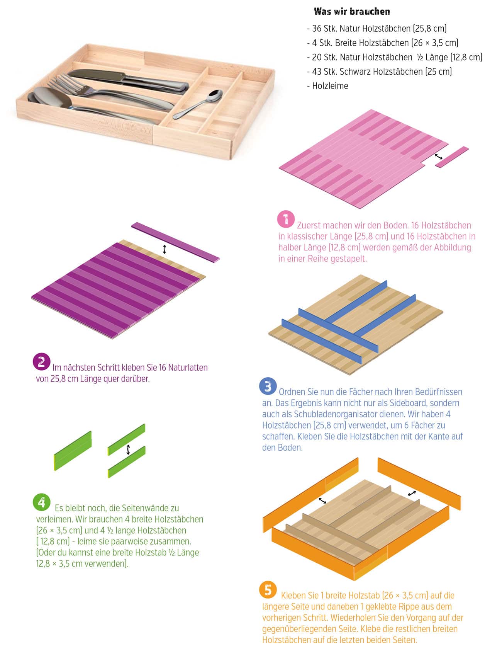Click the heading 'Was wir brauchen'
(352, 11)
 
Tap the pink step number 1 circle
(286, 219)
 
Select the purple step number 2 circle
(41, 362)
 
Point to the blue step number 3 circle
(268, 386)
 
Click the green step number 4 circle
(41, 502)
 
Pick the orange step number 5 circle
(268, 590)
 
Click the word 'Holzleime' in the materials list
(330, 86)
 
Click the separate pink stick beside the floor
(452, 157)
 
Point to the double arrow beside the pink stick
(438, 156)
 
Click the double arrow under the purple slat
(165, 249)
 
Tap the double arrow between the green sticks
(128, 450)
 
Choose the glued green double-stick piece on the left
(73, 451)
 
